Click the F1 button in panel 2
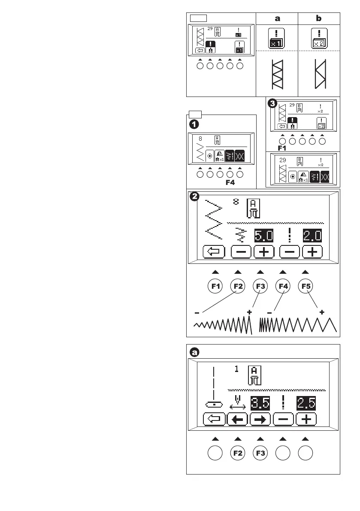(x=215, y=286)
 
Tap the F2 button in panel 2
(x=238, y=286)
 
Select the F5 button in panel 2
(x=305, y=286)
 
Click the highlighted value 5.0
(x=263, y=236)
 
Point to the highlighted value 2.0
(x=312, y=236)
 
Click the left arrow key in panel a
(x=238, y=420)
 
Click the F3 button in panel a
(x=260, y=453)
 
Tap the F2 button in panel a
(x=238, y=453)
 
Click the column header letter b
(x=319, y=19)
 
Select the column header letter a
(x=277, y=19)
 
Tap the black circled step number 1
(x=194, y=124)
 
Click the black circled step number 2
(x=194, y=197)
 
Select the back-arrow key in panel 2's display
(x=215, y=252)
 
